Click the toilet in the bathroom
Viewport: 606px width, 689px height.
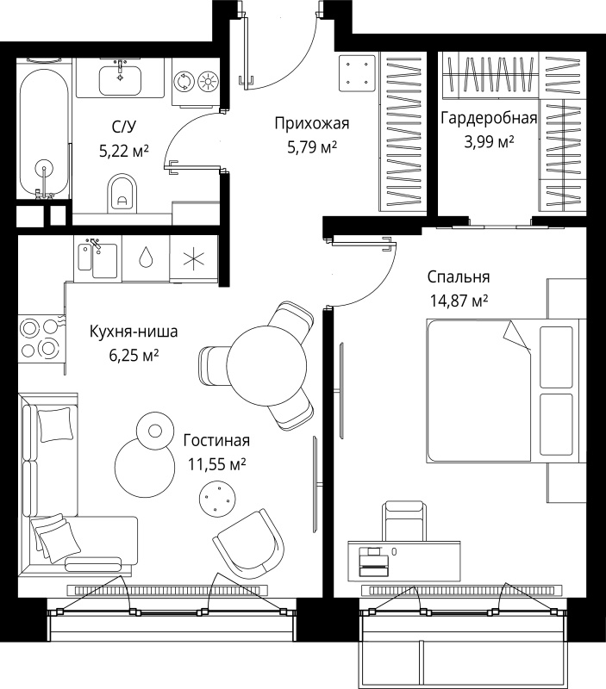(x=122, y=194)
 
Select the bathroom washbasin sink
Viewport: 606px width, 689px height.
(x=120, y=79)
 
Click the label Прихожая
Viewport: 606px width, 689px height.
(x=312, y=123)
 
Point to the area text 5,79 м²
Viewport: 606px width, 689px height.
(x=312, y=146)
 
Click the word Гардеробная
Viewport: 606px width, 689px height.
(x=489, y=118)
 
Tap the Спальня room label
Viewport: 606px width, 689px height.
(x=459, y=277)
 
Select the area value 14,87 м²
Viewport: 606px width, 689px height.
(x=459, y=301)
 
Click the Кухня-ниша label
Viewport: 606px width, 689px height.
(x=134, y=332)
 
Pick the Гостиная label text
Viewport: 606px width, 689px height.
(x=216, y=440)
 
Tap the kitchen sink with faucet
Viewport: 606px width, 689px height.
(x=97, y=259)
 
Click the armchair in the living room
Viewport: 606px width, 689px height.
(x=248, y=544)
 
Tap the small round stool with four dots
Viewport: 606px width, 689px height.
(x=217, y=499)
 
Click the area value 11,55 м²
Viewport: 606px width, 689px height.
(x=217, y=464)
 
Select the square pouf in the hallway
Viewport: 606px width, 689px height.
(x=357, y=73)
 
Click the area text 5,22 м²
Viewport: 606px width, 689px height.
(x=124, y=152)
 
